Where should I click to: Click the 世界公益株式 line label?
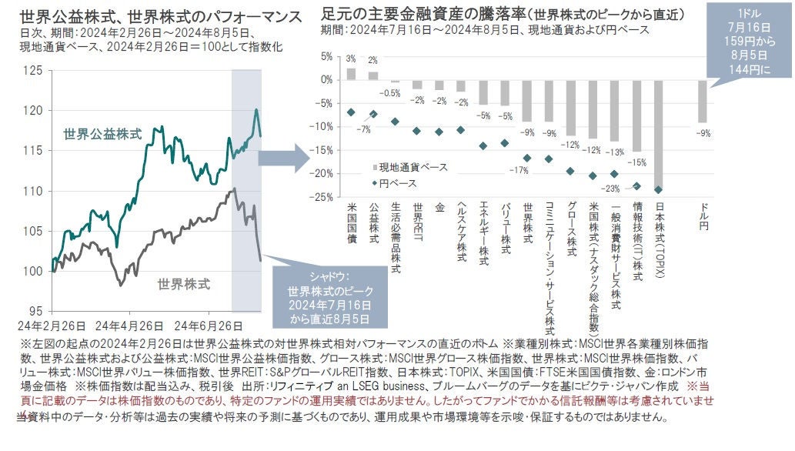[102, 134]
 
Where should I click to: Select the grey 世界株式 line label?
[183, 283]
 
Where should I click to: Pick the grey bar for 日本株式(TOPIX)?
[658, 134]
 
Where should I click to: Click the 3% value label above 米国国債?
[351, 59]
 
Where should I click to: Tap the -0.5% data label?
[392, 93]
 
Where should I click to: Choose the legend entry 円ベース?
[399, 183]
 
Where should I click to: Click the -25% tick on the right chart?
[322, 197]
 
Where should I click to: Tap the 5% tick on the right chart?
[326, 56]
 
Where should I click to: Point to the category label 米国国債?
[352, 222]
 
